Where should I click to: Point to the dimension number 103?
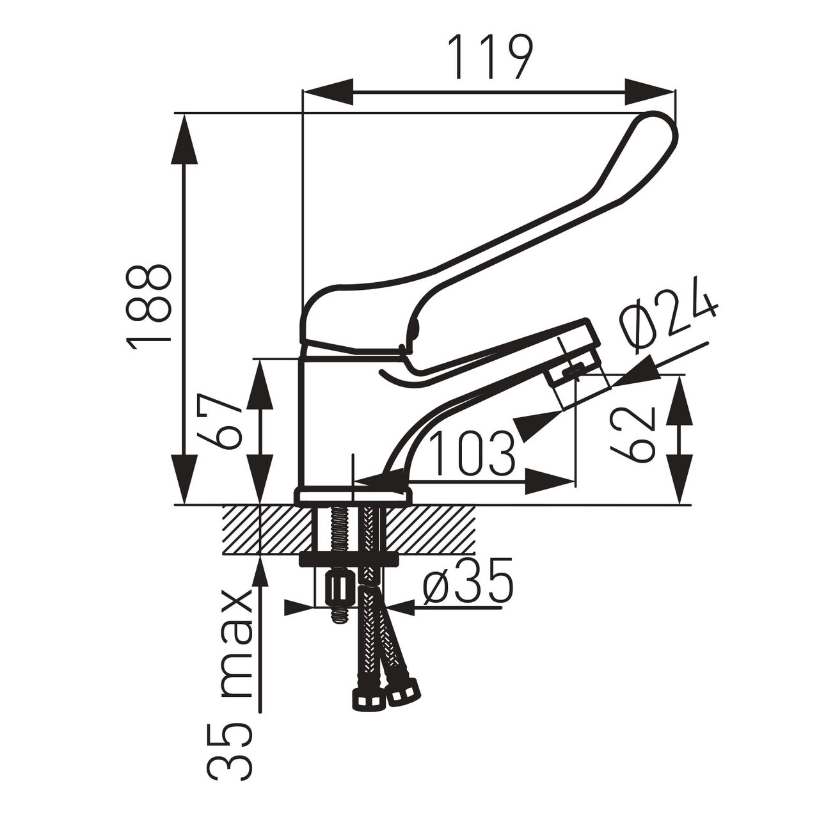[472, 454]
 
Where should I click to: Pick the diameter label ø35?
[468, 580]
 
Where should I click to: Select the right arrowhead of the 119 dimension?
[650, 91]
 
